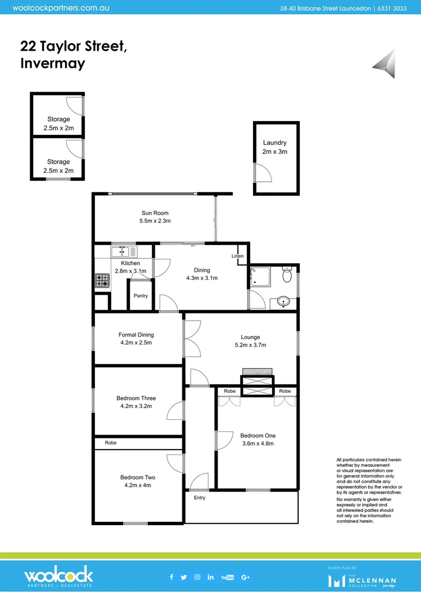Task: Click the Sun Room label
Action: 155,213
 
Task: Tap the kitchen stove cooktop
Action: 102,280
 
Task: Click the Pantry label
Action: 141,296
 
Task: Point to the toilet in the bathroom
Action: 286,274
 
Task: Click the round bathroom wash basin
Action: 283,301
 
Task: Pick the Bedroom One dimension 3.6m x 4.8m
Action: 257,443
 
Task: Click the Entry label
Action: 199,497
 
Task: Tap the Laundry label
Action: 274,143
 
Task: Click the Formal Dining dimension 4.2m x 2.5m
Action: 136,343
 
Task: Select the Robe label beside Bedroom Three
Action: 110,442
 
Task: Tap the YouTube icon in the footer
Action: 227,577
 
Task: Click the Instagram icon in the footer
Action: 197,577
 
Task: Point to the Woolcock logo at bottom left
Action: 58,577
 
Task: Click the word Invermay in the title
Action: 52,63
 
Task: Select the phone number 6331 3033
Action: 396,8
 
